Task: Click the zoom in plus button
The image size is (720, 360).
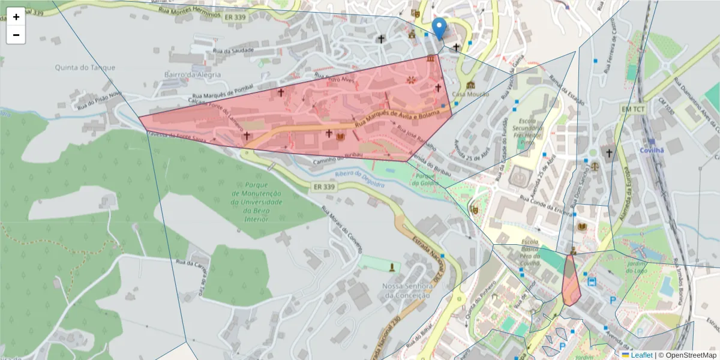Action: [x=16, y=17]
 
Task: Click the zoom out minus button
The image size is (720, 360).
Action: [x=16, y=35]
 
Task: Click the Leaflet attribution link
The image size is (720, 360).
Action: [x=641, y=355]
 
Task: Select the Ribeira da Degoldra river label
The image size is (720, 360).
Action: [x=358, y=179]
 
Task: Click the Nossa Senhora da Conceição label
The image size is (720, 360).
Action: [x=406, y=290]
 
